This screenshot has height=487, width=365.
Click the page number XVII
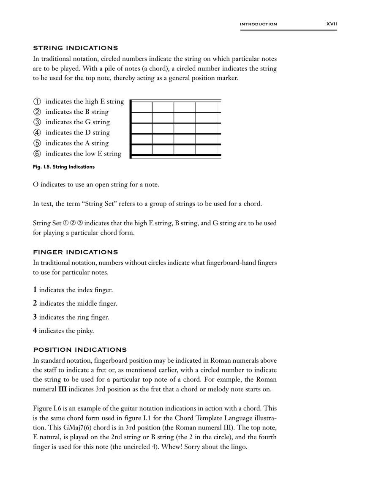(332, 24)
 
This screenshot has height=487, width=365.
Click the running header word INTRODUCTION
(258, 25)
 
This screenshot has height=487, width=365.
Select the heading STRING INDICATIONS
(75, 48)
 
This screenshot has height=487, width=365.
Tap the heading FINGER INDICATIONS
(75, 252)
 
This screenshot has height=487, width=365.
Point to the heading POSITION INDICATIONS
(80, 350)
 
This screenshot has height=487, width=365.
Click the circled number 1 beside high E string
(37, 101)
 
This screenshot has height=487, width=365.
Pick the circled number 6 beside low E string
(37, 154)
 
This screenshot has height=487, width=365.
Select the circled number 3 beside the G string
(37, 122)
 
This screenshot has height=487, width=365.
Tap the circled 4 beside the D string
(37, 133)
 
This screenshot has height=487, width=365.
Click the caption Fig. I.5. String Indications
(63, 167)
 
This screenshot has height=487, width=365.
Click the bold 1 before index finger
(35, 290)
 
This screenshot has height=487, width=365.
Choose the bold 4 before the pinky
(35, 331)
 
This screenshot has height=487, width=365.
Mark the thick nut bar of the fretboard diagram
(131, 129)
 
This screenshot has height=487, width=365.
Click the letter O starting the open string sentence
(35, 185)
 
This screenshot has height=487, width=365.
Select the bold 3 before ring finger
(35, 317)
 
